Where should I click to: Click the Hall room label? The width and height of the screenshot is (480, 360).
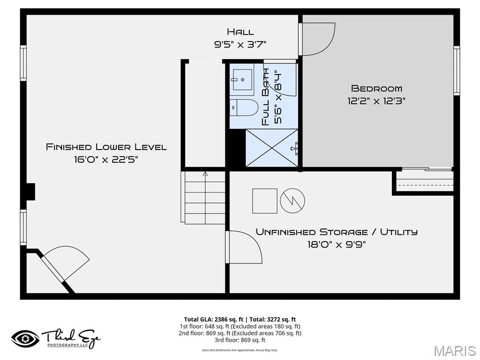tap(240, 32)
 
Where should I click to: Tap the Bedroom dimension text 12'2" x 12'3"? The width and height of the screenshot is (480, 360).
tap(376, 100)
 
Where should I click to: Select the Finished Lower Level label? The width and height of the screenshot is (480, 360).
tap(106, 147)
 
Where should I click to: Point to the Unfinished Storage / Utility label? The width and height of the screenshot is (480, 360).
tap(336, 232)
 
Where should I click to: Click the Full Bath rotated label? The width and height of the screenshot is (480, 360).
tap(266, 97)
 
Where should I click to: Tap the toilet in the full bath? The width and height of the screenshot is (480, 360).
tap(243, 107)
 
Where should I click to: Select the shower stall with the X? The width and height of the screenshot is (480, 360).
tap(272, 148)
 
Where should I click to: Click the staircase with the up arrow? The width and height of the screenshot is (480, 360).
tap(204, 197)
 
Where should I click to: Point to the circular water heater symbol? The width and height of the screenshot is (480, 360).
tap(292, 201)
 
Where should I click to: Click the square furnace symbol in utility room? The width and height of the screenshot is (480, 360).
tap(265, 201)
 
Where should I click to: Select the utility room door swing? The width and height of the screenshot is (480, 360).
tap(244, 247)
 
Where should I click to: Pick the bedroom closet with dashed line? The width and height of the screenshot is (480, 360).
tap(425, 181)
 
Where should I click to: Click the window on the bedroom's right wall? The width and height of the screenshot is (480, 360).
tap(457, 70)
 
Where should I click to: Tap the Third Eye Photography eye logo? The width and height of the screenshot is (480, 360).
tap(25, 338)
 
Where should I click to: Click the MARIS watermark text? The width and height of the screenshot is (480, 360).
tap(454, 350)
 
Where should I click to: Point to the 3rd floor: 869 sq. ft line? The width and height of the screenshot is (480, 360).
tap(240, 340)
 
